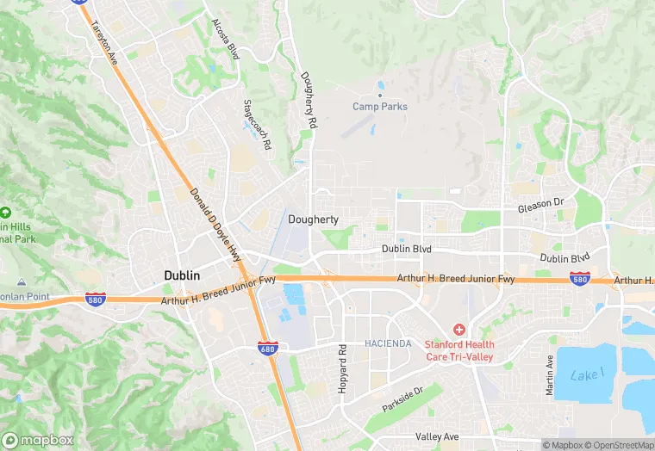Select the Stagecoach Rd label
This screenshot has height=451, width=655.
click(x=258, y=124)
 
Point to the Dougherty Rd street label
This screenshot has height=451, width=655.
click(x=307, y=100)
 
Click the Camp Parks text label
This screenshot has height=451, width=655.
click(x=380, y=107)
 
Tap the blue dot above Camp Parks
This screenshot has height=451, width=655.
click(x=380, y=95)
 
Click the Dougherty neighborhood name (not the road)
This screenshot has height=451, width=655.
click(x=313, y=220)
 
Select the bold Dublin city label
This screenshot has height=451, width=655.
click(x=182, y=275)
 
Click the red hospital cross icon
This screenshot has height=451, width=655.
click(x=458, y=330)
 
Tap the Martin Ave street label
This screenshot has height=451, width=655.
click(x=550, y=375)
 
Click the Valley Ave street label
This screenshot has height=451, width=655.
click(x=437, y=437)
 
